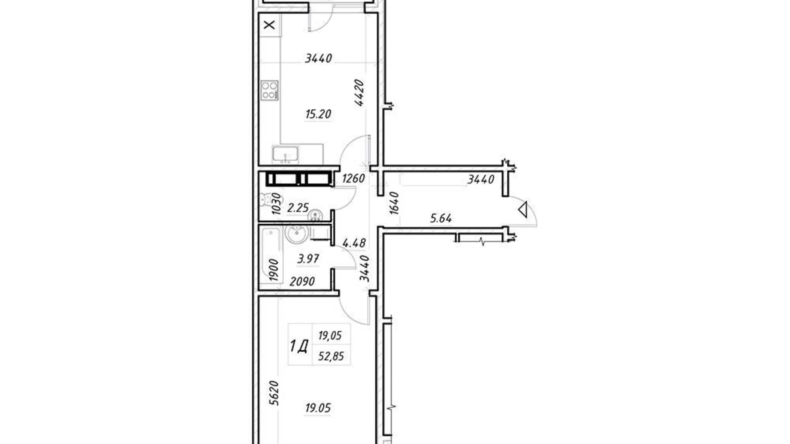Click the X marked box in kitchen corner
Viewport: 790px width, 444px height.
point(269,25)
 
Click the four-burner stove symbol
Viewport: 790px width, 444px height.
point(269,90)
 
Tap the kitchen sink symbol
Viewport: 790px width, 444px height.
point(285,154)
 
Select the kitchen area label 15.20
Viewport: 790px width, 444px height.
point(318,114)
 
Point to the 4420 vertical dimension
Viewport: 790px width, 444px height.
point(359,93)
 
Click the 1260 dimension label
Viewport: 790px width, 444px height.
point(353,178)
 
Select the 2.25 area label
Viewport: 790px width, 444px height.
point(298,208)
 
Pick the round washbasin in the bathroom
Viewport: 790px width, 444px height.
point(296,233)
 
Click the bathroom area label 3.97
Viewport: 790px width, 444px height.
point(308,259)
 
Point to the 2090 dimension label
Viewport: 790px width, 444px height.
point(302,281)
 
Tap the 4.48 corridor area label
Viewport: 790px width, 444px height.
point(354,243)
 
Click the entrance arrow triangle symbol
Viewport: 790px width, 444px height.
point(523,210)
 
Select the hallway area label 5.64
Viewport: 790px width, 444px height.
point(441,219)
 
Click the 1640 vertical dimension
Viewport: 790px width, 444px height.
point(394,203)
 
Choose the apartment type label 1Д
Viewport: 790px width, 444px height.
point(299,346)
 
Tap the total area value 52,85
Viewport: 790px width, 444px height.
point(331,356)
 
